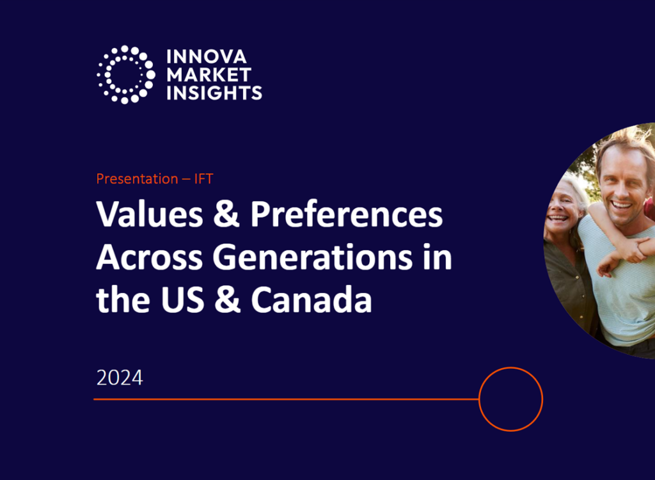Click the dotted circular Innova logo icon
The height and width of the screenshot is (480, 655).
click(x=125, y=74)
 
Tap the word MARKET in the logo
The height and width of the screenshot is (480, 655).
click(x=209, y=75)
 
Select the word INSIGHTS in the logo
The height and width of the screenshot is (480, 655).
click(x=214, y=92)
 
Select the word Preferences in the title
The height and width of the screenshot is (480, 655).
click(x=346, y=216)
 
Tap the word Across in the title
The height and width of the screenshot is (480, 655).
click(x=148, y=257)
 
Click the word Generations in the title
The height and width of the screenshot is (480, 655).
click(x=313, y=257)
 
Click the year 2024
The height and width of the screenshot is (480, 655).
click(x=120, y=378)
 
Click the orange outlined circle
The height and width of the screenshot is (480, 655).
click(x=510, y=399)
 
